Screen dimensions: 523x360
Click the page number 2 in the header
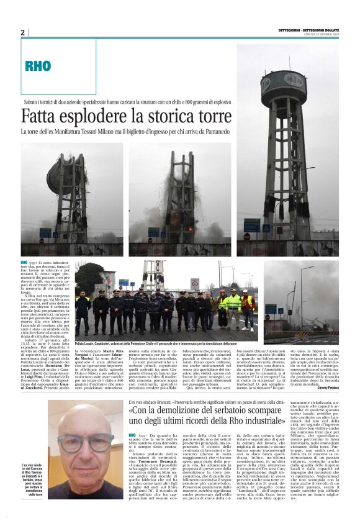pos(23,32)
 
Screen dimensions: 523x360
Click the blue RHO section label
pos(38,66)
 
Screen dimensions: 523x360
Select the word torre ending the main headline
pos(212,116)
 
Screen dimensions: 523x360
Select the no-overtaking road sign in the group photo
pos(194,283)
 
